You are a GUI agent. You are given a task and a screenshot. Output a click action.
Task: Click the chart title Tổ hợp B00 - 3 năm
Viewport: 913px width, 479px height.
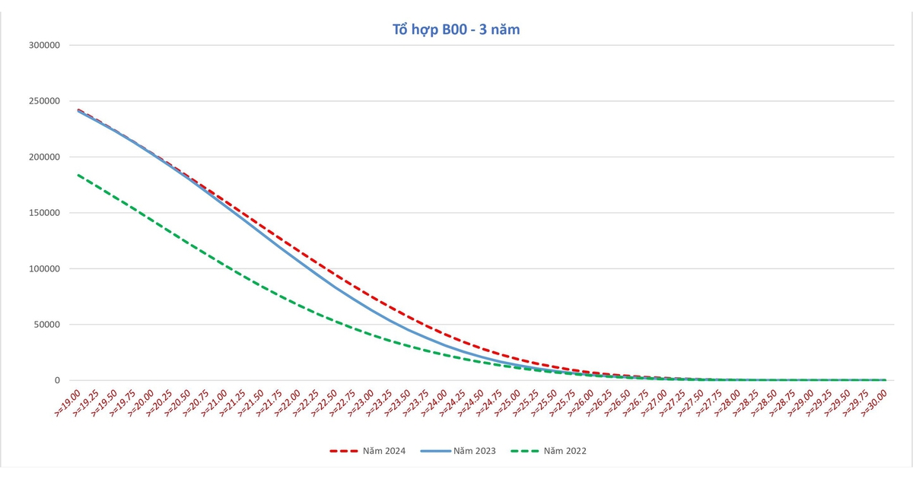(x=456, y=30)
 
